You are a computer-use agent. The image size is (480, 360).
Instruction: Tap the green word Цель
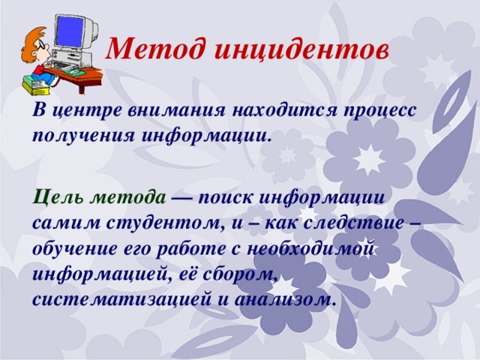pyautogui.click(x=57, y=198)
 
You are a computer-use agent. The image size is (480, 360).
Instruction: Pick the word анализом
pyautogui.click(x=290, y=298)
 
